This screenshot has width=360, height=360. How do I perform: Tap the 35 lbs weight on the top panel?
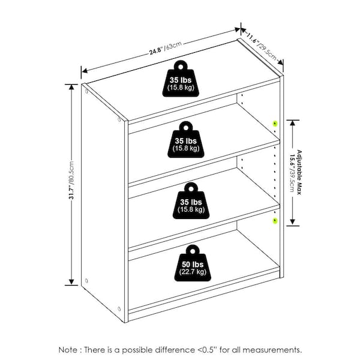click(181, 79)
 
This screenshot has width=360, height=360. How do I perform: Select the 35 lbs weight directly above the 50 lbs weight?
click(191, 200)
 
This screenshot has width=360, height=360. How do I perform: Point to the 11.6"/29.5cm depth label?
click(261, 47)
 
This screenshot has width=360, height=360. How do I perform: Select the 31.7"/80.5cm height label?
click(71, 180)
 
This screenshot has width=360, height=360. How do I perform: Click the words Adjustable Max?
click(299, 172)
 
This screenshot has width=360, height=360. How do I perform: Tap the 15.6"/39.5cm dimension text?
click(292, 173)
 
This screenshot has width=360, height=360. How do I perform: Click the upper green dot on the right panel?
click(275, 124)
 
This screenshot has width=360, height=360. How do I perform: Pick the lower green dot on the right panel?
click(275, 221)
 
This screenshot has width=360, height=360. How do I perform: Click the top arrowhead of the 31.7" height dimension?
click(71, 87)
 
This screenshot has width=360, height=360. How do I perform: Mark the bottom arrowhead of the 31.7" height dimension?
click(71, 282)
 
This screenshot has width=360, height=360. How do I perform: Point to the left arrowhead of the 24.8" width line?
click(85, 70)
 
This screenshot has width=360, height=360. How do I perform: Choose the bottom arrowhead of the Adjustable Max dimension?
click(292, 222)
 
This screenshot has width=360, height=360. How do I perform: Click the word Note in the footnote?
click(68, 350)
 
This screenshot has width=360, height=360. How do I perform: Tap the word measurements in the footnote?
click(272, 350)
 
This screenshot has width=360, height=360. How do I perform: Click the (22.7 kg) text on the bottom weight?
click(193, 272)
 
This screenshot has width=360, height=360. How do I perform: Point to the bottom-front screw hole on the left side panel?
click(119, 309)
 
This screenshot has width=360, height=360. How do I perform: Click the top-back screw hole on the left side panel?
click(86, 91)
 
